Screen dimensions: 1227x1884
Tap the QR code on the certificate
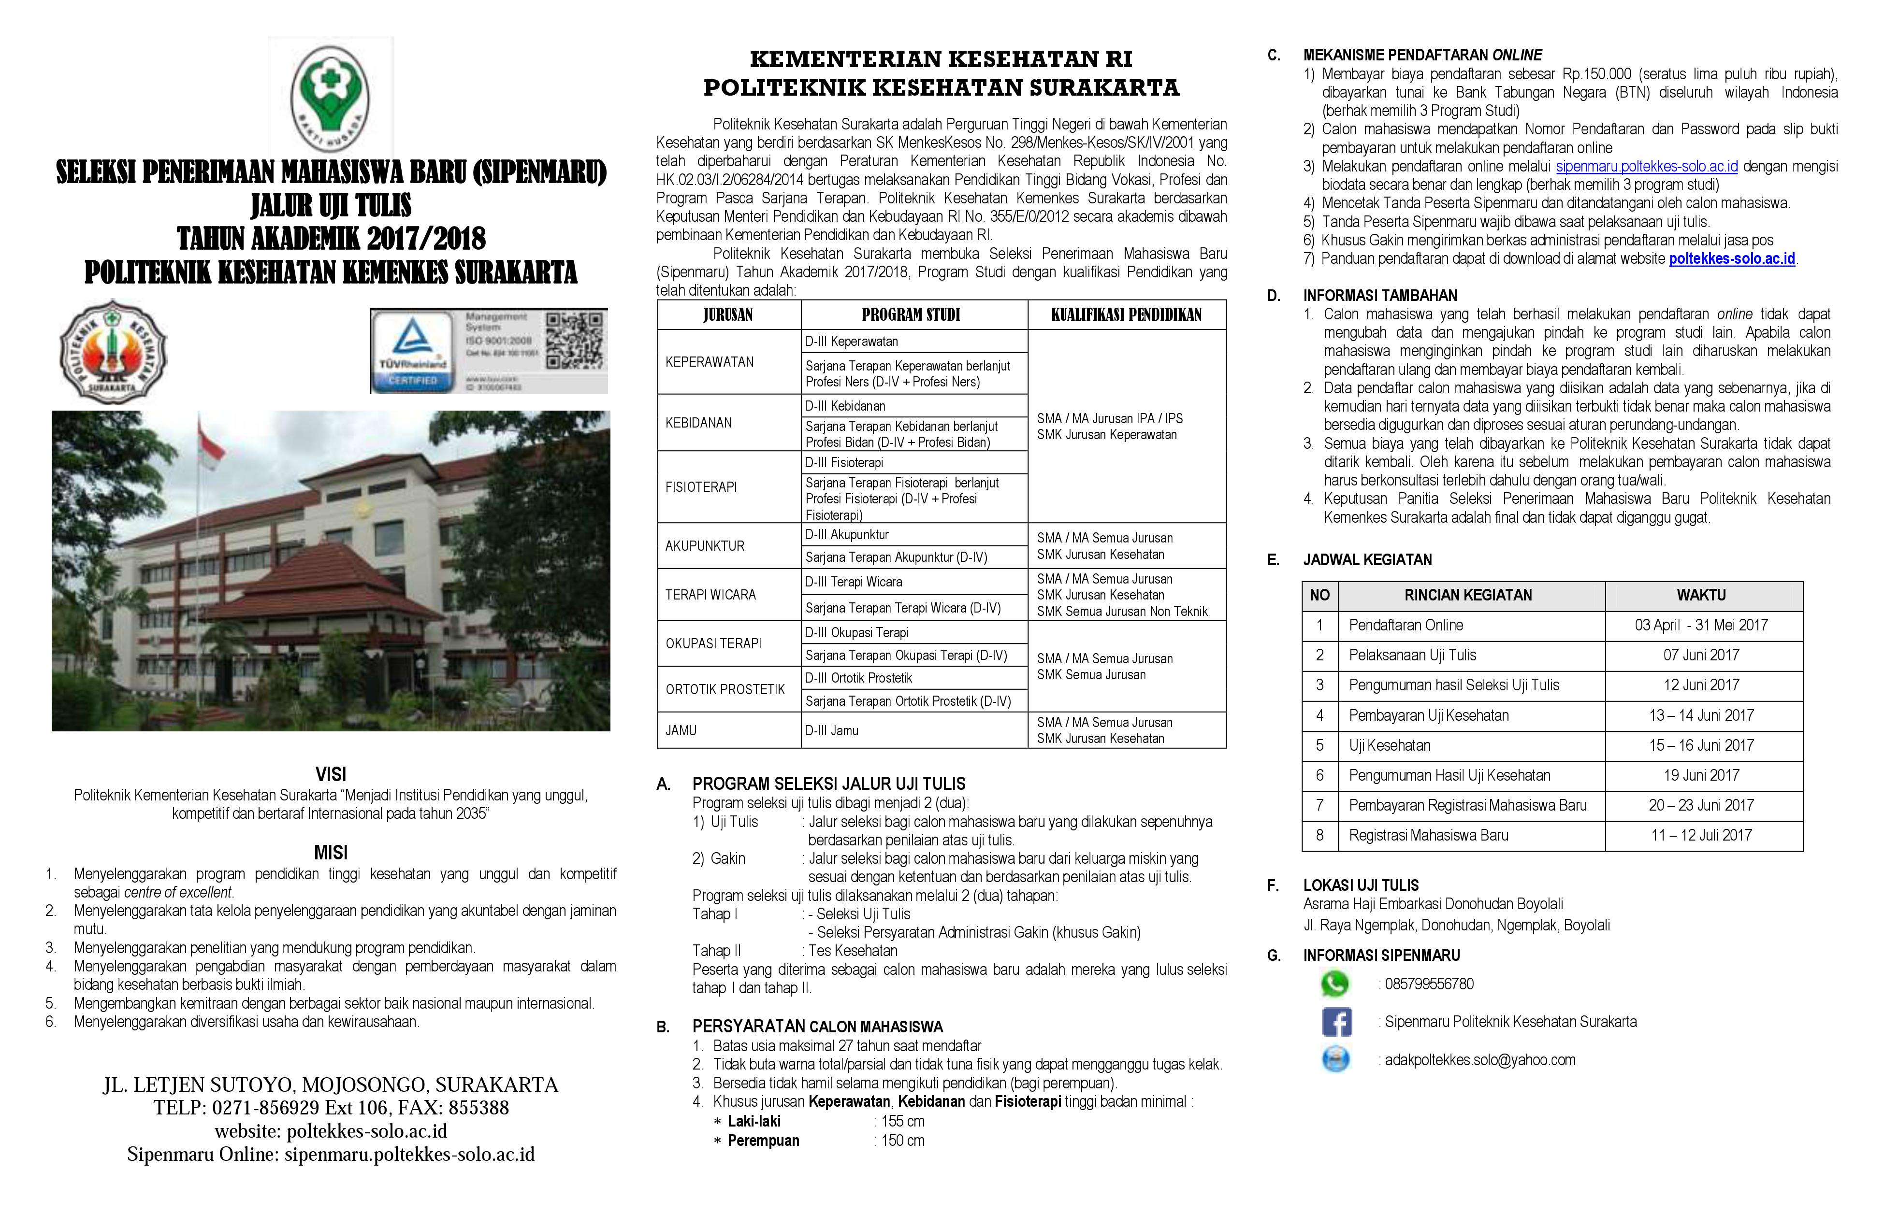click(x=574, y=340)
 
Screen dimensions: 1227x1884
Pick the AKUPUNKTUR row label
click(x=705, y=546)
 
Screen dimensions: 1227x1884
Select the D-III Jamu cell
click(x=832, y=731)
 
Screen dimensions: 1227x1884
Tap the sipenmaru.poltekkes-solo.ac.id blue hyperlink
click(x=1647, y=166)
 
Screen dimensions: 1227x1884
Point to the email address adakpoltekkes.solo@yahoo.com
click(x=1479, y=1060)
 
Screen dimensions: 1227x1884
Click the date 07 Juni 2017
click(x=1701, y=655)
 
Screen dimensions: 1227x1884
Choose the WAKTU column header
click(x=1701, y=595)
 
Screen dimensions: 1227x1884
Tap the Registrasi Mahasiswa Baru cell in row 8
click(x=1428, y=835)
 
